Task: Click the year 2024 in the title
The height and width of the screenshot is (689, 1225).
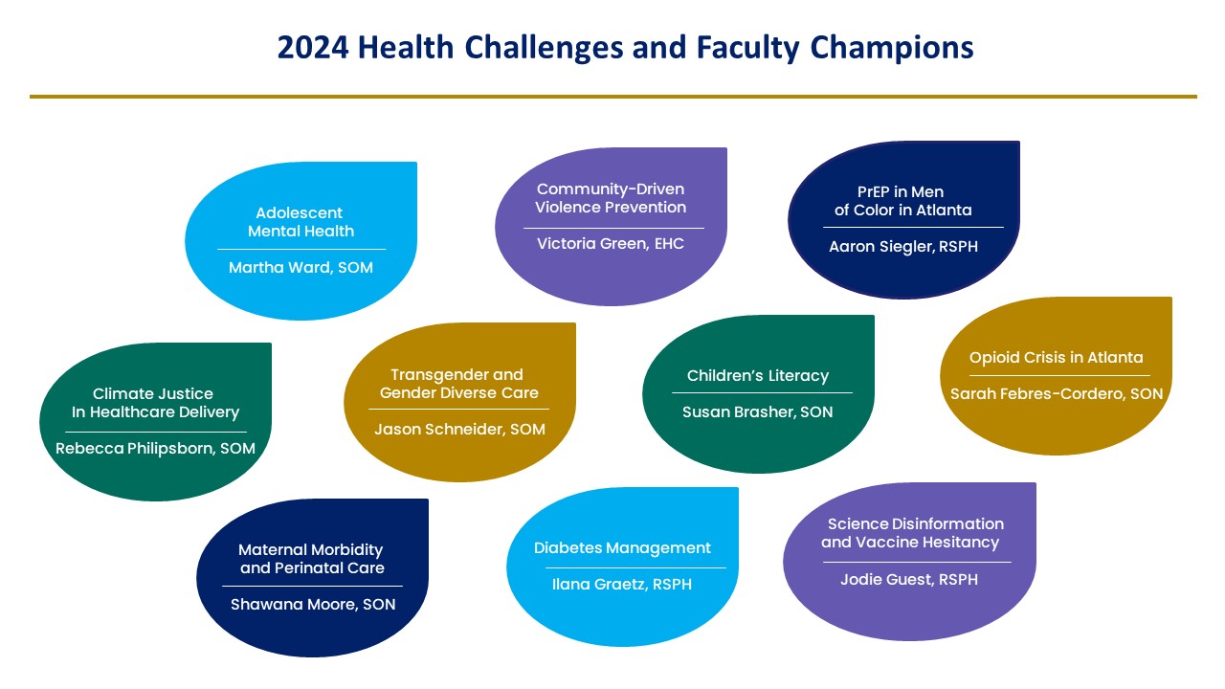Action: (313, 47)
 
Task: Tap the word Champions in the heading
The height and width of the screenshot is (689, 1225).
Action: (891, 49)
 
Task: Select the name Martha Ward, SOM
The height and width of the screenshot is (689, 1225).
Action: (301, 267)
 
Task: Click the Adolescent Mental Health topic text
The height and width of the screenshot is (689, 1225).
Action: (301, 222)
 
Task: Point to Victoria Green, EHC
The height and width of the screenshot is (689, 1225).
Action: (611, 243)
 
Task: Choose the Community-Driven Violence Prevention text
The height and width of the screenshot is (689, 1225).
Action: (611, 198)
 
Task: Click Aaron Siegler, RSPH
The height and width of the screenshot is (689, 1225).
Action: (903, 247)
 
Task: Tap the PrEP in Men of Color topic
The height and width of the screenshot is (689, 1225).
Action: (903, 201)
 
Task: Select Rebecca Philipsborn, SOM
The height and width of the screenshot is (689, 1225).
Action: (155, 449)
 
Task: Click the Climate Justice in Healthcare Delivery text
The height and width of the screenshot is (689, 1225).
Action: (155, 403)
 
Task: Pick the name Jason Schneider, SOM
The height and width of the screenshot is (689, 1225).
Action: (460, 430)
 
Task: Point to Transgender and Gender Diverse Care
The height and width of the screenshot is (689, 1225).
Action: (459, 384)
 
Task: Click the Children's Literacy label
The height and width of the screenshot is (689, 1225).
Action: (758, 376)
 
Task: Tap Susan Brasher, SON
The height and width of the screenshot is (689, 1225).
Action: (758, 411)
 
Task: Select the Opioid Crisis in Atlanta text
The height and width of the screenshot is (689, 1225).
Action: (1056, 358)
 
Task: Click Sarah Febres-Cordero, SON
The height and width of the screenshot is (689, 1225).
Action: (1057, 393)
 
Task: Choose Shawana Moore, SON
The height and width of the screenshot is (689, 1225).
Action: (313, 604)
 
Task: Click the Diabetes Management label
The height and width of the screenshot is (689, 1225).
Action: (622, 548)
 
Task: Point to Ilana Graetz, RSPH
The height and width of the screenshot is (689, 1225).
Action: (622, 584)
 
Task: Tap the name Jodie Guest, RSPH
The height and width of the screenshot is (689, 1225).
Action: (909, 580)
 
